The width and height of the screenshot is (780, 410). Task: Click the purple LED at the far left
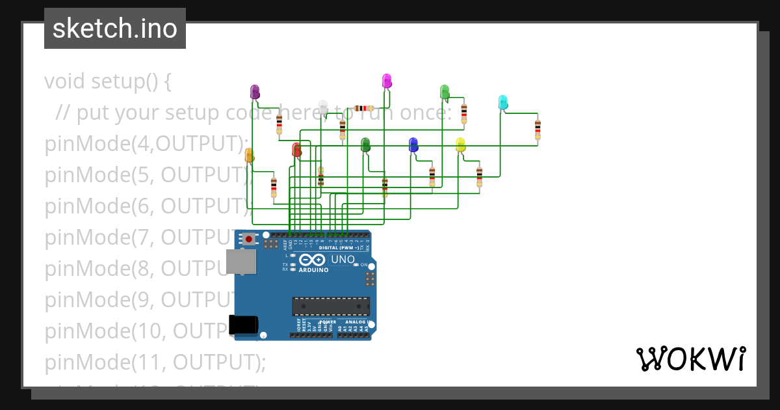(x=255, y=92)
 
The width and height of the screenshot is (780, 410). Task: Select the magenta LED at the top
(x=387, y=81)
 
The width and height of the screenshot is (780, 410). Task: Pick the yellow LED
(x=461, y=144)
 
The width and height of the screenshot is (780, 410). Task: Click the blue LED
(x=413, y=144)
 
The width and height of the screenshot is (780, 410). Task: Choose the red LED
(x=297, y=150)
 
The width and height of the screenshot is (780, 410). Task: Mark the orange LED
(x=249, y=155)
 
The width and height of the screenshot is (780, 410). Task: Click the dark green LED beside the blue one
(x=365, y=144)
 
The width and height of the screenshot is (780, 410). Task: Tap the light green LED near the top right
(x=445, y=92)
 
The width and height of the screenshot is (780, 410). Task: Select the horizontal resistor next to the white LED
(x=364, y=108)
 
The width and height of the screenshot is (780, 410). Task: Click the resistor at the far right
(x=538, y=129)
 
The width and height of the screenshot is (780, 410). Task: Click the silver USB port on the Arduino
(x=240, y=262)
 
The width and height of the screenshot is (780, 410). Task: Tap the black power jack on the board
(x=243, y=324)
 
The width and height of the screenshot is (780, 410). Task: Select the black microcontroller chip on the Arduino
(x=331, y=306)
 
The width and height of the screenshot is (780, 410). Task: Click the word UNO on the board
(x=343, y=260)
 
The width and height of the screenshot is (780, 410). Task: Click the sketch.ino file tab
(x=115, y=29)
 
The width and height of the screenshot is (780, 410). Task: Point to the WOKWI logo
(x=690, y=359)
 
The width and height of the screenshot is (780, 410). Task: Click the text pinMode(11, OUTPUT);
(x=155, y=362)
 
